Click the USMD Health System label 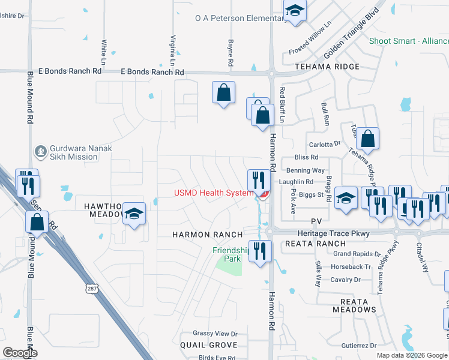[x=214, y=193]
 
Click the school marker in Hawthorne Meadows [x=135, y=214]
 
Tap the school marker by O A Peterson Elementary [x=294, y=11]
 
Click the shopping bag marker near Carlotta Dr [x=369, y=138]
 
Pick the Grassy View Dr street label [x=215, y=334]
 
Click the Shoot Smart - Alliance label [x=408, y=41]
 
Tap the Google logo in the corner [x=20, y=353]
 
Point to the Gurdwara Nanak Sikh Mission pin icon [x=40, y=151]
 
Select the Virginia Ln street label [x=172, y=50]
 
